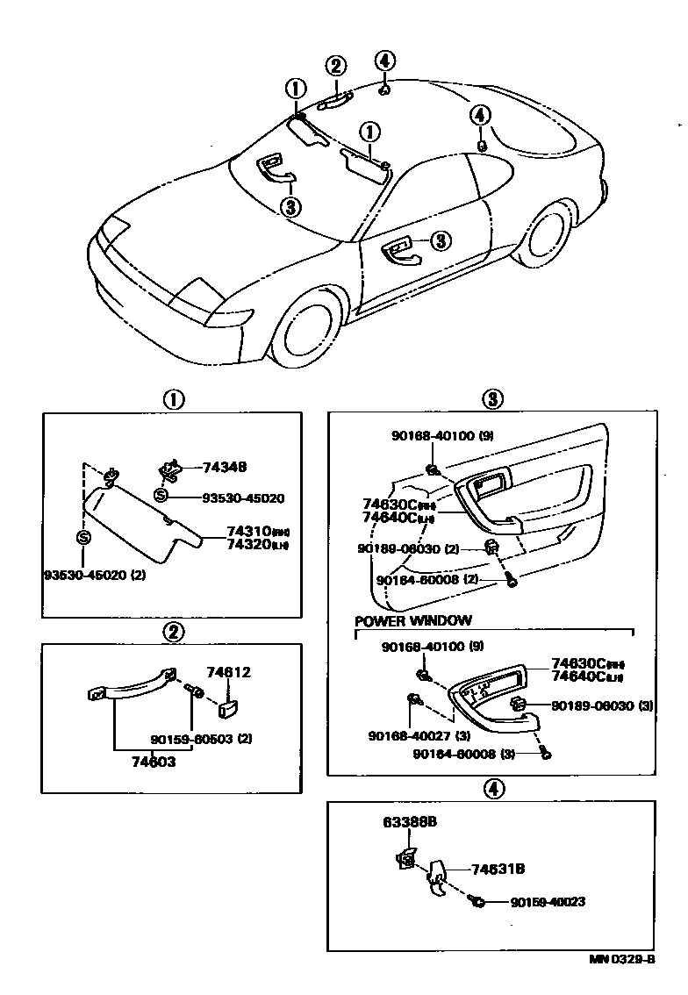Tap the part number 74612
pos(228,673)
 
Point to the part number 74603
pos(154,762)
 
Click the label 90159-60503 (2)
pos(201,739)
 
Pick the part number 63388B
pos(410,822)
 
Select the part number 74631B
pos(498,869)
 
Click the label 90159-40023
pos(548,901)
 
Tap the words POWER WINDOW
pos(412,620)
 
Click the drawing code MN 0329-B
pos(621,959)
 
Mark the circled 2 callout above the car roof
pos(336,66)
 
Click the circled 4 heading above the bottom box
pos(493,789)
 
